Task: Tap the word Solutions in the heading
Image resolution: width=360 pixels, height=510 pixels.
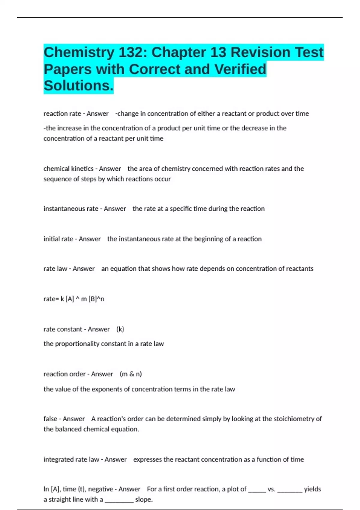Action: tap(78, 86)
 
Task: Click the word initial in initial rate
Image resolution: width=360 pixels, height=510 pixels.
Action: tap(52, 239)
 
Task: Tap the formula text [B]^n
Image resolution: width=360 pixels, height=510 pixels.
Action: tap(96, 299)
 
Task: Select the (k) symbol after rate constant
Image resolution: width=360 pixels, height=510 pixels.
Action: tap(120, 329)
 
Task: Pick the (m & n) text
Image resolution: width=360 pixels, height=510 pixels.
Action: tap(131, 374)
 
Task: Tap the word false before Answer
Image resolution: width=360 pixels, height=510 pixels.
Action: tap(50, 418)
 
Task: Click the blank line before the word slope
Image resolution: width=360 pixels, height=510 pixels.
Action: tap(119, 499)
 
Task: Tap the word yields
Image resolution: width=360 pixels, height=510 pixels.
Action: tap(312, 489)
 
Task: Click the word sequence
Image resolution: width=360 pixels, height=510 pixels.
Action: tap(57, 179)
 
